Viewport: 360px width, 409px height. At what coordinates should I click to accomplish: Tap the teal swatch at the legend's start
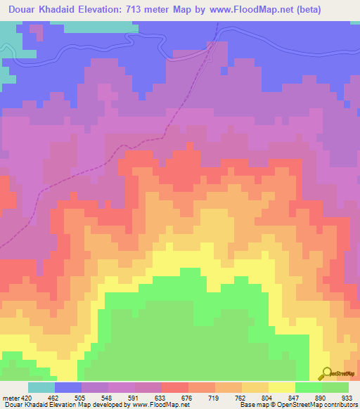click(x=41, y=387)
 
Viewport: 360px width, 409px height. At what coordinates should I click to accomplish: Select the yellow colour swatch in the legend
click(x=281, y=387)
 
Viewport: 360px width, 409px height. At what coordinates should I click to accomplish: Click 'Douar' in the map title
click(x=20, y=9)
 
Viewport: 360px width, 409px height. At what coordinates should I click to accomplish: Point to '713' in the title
click(x=161, y=9)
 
